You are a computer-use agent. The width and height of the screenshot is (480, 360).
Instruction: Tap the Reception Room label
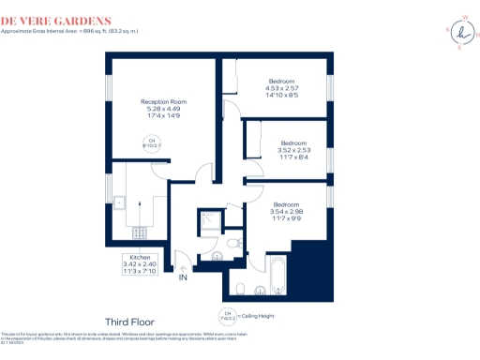point(163,101)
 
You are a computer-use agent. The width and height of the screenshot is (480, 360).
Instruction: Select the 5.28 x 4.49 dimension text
point(163,109)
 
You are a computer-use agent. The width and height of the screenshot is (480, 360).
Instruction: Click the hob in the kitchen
point(140,231)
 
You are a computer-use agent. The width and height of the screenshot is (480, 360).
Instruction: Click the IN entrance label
point(184,277)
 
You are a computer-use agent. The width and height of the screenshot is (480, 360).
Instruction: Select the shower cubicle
point(209,221)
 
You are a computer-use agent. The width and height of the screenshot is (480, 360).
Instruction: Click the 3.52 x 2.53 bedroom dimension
point(293,150)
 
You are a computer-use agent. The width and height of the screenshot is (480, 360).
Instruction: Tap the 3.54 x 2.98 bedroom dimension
point(287,211)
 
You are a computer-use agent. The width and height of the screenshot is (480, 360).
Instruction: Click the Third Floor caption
point(129,322)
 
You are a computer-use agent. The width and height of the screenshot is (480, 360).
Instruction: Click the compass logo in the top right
point(461,33)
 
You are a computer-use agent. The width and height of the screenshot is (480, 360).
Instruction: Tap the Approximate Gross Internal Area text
point(70,31)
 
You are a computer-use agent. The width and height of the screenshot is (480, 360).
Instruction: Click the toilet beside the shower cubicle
point(232,244)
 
